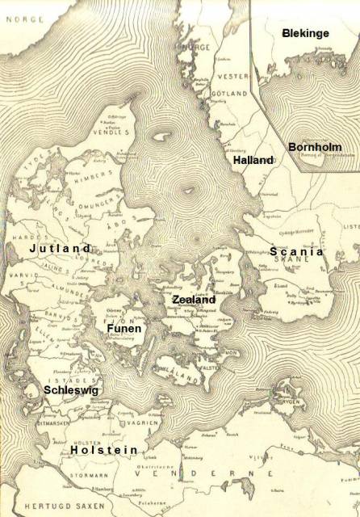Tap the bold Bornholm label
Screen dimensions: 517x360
click(314, 148)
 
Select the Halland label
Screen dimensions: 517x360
click(253, 161)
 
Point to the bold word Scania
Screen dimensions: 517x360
click(296, 251)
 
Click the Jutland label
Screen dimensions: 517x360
click(61, 249)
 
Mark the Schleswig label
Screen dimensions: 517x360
click(54, 389)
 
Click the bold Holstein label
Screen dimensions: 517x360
click(103, 450)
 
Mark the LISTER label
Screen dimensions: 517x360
click(351, 227)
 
